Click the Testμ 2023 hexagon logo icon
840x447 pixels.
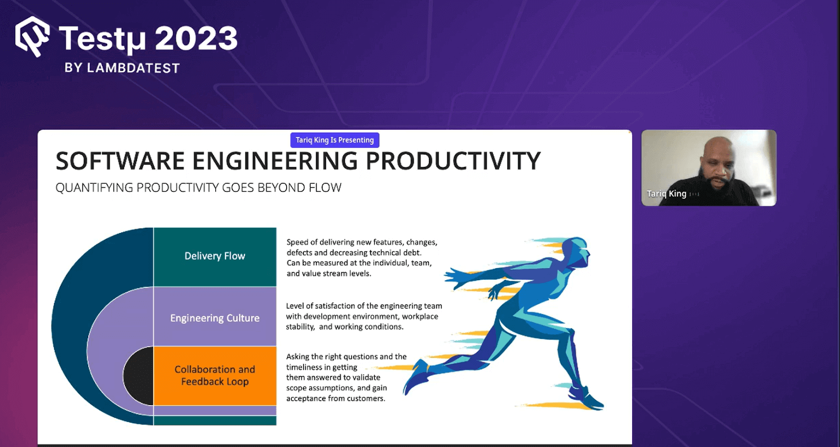coord(33,37)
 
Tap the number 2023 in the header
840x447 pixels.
coord(196,39)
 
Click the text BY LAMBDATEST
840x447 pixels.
coord(122,68)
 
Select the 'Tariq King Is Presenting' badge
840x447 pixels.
coord(334,140)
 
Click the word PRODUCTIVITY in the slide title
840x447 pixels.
coord(453,161)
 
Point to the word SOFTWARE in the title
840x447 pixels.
coord(120,161)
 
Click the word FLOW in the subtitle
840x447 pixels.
coord(325,188)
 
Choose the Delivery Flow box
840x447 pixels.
coord(215,257)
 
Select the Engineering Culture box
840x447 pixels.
coord(215,318)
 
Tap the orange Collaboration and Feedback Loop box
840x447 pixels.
coord(215,376)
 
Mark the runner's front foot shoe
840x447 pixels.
coord(588,399)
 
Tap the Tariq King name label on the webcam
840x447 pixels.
coord(666,194)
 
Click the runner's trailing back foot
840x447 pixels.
coord(415,379)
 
